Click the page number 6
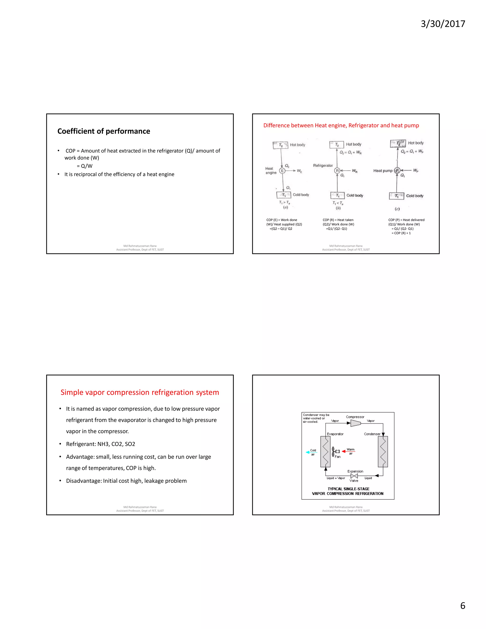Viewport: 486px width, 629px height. pos(463,606)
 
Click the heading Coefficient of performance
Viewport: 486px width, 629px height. pos(104,131)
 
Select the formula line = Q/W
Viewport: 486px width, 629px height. pos(85,166)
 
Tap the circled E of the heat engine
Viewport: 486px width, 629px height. pos(282,171)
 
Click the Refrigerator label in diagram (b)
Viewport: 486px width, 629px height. pos(323,166)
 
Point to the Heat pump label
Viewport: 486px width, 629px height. pos(383,171)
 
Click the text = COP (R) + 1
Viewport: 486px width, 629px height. pos(401,233)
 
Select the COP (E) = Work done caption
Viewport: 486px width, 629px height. pos(282,220)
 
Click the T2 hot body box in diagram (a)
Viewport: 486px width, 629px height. pos(280,145)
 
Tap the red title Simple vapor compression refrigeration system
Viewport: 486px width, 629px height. pos(140,393)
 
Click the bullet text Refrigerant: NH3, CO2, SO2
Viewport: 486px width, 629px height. pos(100,444)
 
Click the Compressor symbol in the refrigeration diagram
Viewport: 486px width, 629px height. pos(355,423)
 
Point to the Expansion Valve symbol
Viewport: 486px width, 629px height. pos(354,476)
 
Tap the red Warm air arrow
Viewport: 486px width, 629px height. pos(348,451)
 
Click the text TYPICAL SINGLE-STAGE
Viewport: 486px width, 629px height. pos(348,489)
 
